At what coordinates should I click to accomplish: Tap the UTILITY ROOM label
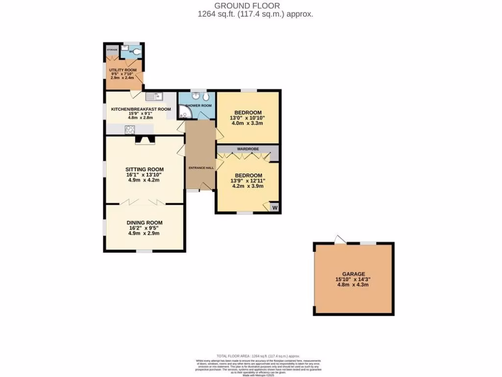pos(123,70)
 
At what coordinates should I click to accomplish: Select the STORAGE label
pos(112,50)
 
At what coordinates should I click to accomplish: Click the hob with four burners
pos(130,130)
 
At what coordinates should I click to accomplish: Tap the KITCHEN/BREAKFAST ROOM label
pos(141,109)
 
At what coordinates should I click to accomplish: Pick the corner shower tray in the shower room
pos(184,113)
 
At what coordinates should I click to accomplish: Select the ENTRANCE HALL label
pos(200,168)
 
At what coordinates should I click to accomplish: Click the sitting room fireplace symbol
pos(145,140)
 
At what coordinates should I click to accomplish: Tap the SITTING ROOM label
pos(144,169)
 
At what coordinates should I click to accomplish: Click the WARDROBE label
pos(248,149)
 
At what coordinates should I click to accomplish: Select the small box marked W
pos(275,208)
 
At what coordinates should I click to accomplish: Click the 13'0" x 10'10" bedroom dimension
pos(248,118)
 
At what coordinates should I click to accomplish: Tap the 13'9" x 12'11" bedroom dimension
pos(248,181)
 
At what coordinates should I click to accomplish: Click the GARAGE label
pos(353,274)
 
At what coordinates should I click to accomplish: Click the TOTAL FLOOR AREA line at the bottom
pos(258,356)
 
